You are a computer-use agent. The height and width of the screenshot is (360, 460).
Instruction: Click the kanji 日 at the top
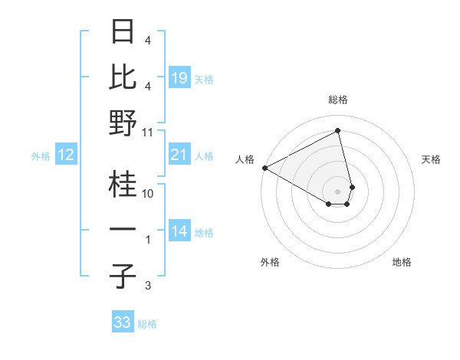coord(123,32)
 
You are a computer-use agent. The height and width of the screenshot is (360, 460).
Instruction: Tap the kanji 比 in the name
coord(123,77)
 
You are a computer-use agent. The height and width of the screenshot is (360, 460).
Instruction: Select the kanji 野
coord(123,123)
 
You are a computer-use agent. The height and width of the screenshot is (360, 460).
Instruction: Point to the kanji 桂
coord(123,184)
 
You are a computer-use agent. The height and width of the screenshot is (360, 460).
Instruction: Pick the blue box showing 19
coord(179,78)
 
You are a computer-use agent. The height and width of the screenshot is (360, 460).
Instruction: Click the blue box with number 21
coord(179,155)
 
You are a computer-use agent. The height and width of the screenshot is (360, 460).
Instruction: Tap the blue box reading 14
coord(179,232)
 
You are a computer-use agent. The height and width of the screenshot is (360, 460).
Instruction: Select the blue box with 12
coord(66,155)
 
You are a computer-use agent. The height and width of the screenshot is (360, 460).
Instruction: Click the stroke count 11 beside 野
coord(148,132)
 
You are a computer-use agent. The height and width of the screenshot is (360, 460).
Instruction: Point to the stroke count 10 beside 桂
coord(148,194)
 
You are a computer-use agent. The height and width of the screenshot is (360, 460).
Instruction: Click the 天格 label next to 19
coord(204,79)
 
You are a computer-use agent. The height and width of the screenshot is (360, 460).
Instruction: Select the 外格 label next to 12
coord(41,156)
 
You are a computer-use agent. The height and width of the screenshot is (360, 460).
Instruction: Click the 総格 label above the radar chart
coord(338,100)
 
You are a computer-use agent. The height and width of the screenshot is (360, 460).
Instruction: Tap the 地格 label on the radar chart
coord(402,262)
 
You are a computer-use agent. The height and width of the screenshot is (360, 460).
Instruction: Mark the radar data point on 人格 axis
coord(264,167)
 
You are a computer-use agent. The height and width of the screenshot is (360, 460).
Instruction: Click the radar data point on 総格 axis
coord(338,131)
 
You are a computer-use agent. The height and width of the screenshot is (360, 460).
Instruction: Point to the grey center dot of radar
coord(338,191)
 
